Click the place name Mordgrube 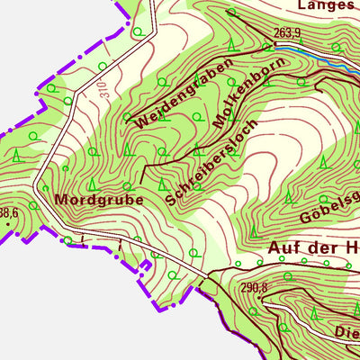(99, 199)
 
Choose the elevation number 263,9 (285, 33)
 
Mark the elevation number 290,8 (254, 288)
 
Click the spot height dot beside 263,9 (272, 43)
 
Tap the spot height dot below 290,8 (265, 297)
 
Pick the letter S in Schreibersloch (171, 202)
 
